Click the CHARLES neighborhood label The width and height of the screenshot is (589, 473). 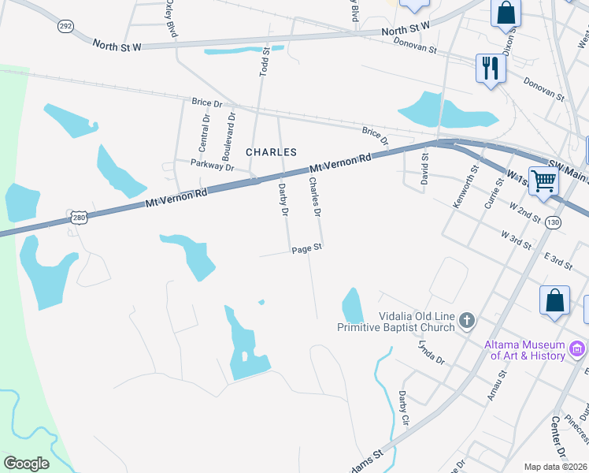(x=271, y=151)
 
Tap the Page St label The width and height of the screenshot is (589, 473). (x=307, y=248)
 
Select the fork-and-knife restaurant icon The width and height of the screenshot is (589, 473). (x=489, y=68)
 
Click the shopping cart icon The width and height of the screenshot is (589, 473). (x=543, y=181)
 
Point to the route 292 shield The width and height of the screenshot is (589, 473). (x=65, y=26)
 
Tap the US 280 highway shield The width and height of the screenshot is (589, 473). (x=77, y=217)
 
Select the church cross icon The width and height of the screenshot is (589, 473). (x=467, y=320)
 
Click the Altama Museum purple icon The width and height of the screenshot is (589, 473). (x=578, y=348)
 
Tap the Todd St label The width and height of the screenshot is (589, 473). (x=265, y=61)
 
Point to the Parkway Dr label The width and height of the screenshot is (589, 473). (x=213, y=166)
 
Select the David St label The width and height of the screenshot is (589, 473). (x=424, y=168)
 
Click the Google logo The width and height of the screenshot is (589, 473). (x=26, y=463)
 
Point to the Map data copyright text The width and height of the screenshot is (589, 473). (x=556, y=467)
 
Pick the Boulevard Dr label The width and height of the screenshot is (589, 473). (x=231, y=131)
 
